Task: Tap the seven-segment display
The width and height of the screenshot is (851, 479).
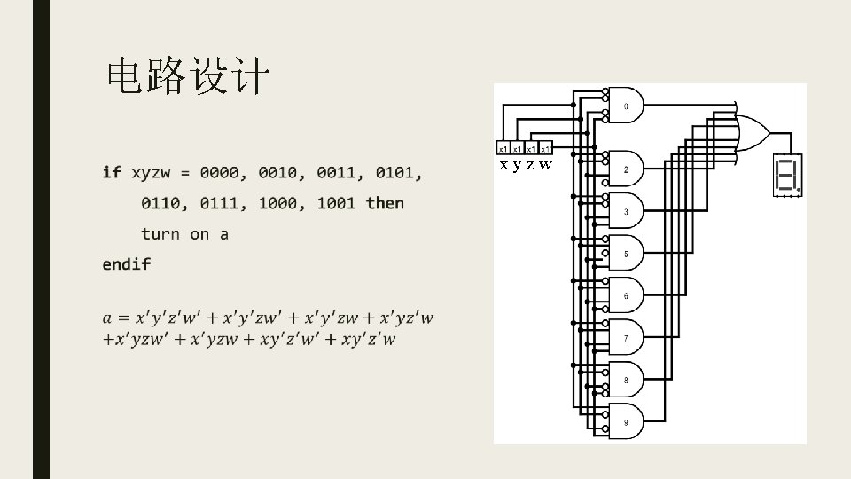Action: coord(786,177)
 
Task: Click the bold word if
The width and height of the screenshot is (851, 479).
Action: coord(112,172)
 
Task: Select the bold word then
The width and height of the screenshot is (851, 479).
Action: coord(384,203)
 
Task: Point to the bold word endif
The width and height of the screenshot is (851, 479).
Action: coord(127,263)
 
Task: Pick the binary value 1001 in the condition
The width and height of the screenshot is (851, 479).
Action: coord(336,203)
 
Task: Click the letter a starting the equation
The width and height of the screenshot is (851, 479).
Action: coord(107,318)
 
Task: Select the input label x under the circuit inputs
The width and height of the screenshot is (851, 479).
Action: coord(504,165)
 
